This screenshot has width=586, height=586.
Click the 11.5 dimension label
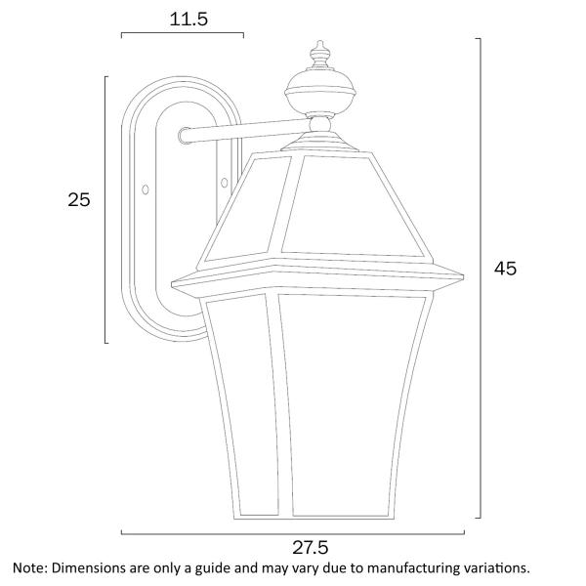183,20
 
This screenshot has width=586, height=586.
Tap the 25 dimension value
79,200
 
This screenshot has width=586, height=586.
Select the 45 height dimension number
504,269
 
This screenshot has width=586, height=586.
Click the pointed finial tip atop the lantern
318,45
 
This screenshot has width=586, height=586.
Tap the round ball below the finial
318,96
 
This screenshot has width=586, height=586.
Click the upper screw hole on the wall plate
185,136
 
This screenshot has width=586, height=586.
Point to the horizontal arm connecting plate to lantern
244,128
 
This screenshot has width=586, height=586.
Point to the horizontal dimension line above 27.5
293,533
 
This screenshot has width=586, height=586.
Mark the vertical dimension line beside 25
105,209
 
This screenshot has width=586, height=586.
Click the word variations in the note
496,567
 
